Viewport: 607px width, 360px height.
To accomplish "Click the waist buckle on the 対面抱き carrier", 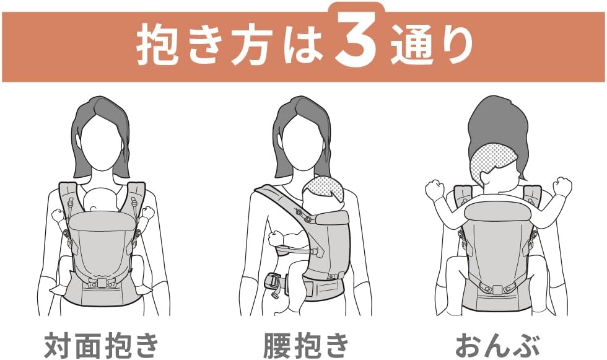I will pyautogui.click(x=100, y=283).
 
